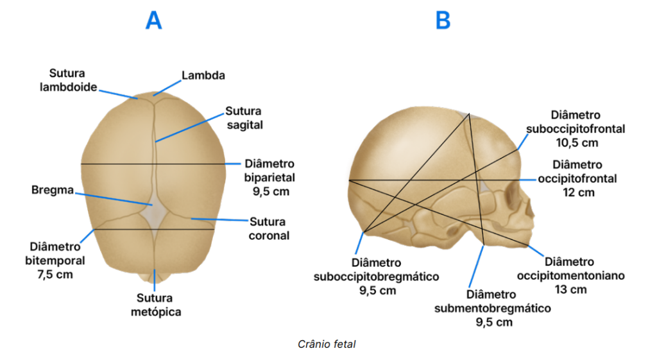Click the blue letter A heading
[153, 21]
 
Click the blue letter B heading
[443, 21]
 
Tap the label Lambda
[203, 75]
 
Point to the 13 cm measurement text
[570, 289]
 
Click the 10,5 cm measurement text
[576, 142]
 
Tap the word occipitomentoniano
[570, 276]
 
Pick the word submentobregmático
[492, 309]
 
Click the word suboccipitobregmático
[376, 277]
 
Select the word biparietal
[269, 176]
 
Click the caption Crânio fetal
[327, 345]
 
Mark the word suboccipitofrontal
[576, 128]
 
